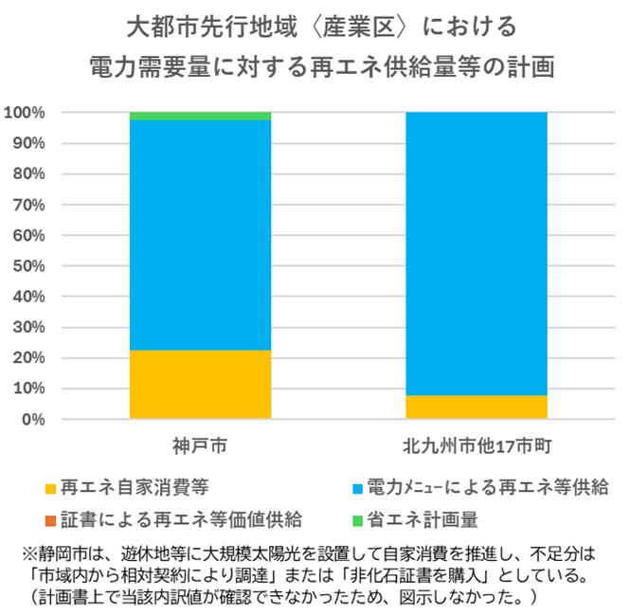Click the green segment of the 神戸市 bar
pyautogui.click(x=200, y=116)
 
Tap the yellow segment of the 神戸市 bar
pyautogui.click(x=200, y=384)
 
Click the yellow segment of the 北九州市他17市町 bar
pyautogui.click(x=476, y=407)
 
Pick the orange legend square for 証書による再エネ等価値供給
pyautogui.click(x=50, y=520)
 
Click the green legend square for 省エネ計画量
pyautogui.click(x=356, y=520)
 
